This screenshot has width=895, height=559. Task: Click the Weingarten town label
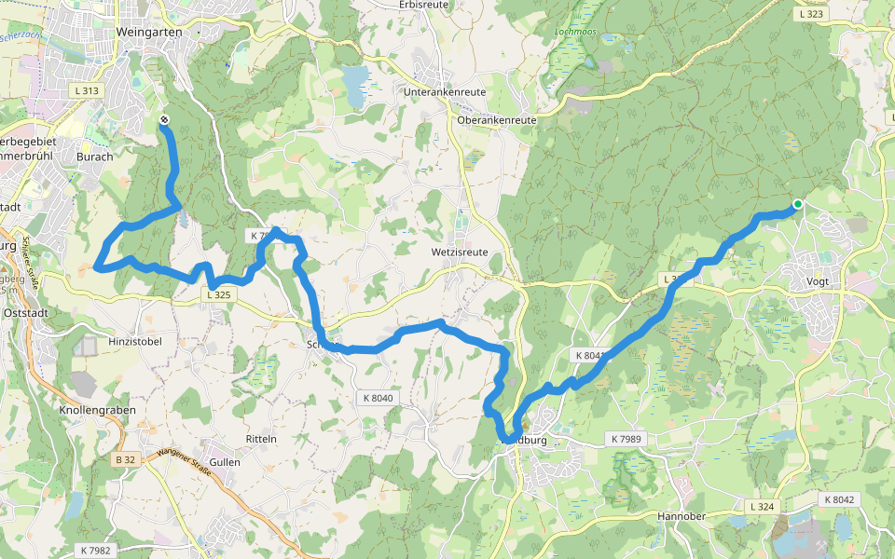[150, 31]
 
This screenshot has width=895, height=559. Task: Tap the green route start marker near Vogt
[798, 204]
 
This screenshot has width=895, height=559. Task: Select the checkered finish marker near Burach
[164, 119]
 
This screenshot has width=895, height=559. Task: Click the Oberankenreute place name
[498, 120]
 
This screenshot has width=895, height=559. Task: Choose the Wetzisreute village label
[460, 252]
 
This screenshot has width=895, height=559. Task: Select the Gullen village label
[225, 461]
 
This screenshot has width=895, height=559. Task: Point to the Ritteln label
[261, 438]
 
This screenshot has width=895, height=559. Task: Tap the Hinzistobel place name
[135, 342]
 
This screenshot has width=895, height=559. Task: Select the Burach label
[94, 157]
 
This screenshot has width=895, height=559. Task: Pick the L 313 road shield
[84, 90]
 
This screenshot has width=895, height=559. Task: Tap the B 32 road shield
[127, 460]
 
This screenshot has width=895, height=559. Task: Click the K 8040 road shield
[376, 398]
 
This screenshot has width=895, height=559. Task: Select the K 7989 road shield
[626, 438]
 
